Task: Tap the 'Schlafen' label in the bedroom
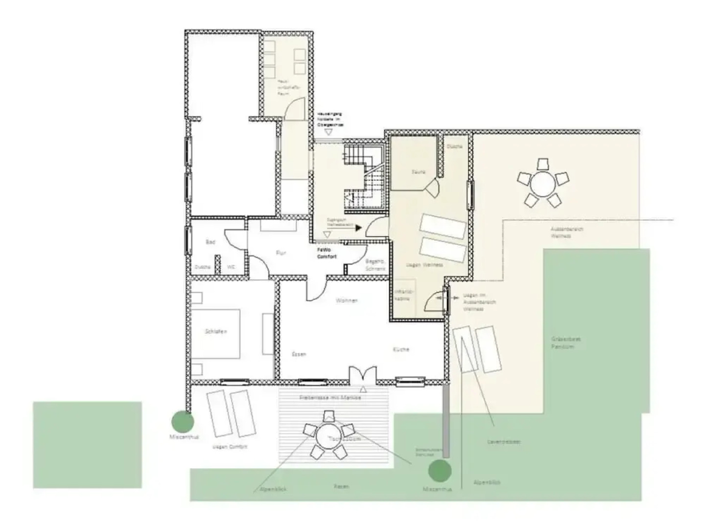[216, 332]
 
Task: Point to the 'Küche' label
[400, 350]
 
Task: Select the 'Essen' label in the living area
[299, 354]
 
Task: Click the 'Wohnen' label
[347, 301]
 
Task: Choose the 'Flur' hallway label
[281, 253]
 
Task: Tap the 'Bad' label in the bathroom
[211, 242]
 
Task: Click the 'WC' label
[231, 267]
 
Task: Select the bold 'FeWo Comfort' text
[327, 253]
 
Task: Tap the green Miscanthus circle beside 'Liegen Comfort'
[182, 421]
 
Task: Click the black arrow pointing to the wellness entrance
[358, 228]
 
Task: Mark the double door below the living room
[363, 375]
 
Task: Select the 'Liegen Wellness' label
[424, 265]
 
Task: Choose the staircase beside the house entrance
[363, 179]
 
